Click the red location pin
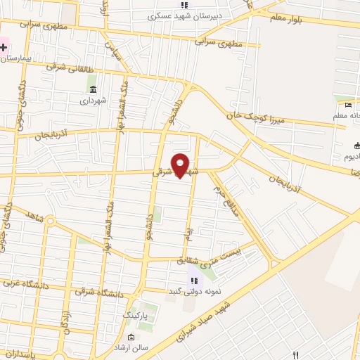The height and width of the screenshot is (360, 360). pos(181,166)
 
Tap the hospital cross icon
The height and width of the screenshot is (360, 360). pos(4,48)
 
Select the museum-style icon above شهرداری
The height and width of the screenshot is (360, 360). pos(93,88)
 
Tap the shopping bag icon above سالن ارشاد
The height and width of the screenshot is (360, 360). pos(131,337)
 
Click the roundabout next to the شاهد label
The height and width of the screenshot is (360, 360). pos(51,221)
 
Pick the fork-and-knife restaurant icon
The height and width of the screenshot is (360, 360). pos(296,355)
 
